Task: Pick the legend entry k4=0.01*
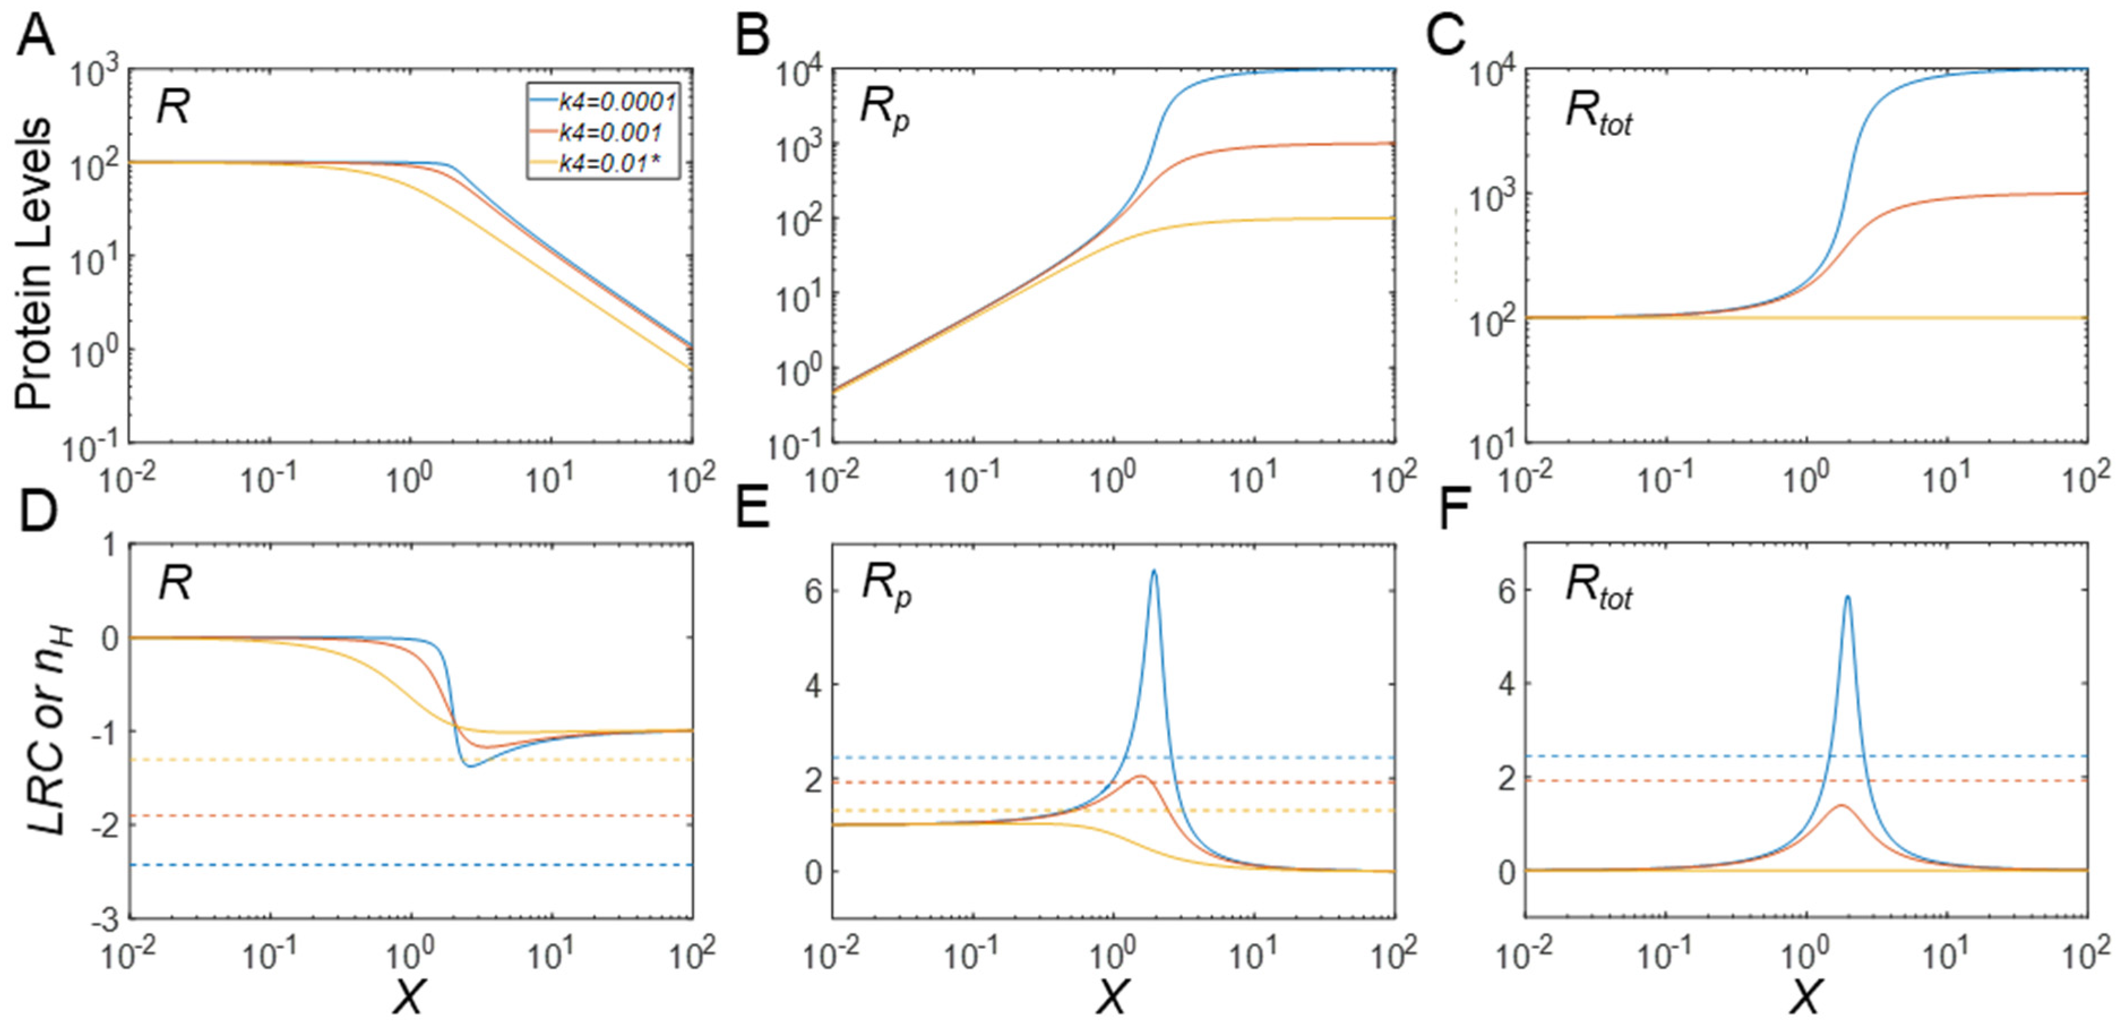[609, 164]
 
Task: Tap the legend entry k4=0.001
[610, 132]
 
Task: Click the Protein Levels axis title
[35, 263]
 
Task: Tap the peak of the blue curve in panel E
[1155, 570]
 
